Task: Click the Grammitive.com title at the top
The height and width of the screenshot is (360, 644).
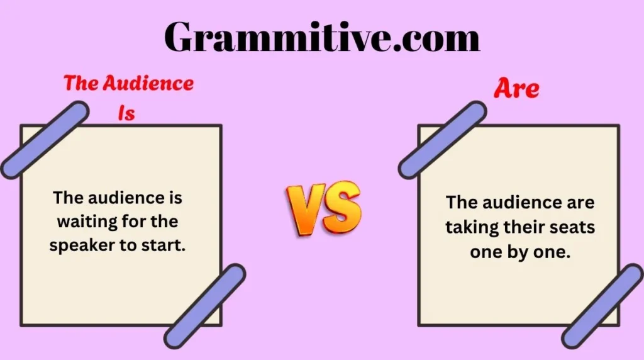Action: tap(322, 38)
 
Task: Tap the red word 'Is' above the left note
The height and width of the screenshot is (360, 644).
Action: tap(126, 113)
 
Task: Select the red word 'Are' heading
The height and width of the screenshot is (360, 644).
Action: tap(516, 89)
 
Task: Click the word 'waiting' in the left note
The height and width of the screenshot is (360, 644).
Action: tap(82, 222)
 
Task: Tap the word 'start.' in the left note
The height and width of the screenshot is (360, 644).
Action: tap(166, 245)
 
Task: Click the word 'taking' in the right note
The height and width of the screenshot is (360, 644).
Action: tap(469, 227)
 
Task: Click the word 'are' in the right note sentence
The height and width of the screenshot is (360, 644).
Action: tap(580, 203)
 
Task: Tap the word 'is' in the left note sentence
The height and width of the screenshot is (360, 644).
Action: tap(175, 198)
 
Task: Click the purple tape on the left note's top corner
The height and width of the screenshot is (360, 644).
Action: tap(45, 139)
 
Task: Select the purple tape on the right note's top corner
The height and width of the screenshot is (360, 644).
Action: tap(442, 140)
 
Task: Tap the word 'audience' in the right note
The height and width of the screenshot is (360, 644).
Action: tap(519, 203)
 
